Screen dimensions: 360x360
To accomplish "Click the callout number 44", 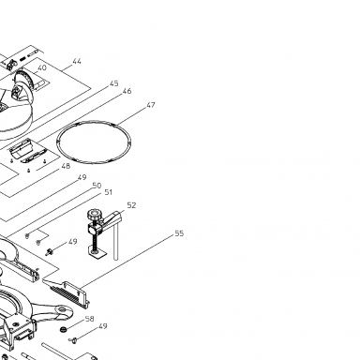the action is pos(77,61).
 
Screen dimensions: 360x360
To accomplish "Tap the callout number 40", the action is pos(42,67).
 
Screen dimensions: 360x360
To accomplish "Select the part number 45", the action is pos(114,83).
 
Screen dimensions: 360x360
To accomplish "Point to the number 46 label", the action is pos(127,91).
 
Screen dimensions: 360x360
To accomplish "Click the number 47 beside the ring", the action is pos(151,105).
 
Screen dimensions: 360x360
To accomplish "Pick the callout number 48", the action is pos(66,166).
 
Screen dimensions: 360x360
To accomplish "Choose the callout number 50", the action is pos(97,186).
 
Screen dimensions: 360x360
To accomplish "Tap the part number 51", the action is pos(108,192).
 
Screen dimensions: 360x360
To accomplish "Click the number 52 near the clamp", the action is pos(131,205).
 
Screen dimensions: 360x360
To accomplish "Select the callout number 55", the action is pos(179,233).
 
